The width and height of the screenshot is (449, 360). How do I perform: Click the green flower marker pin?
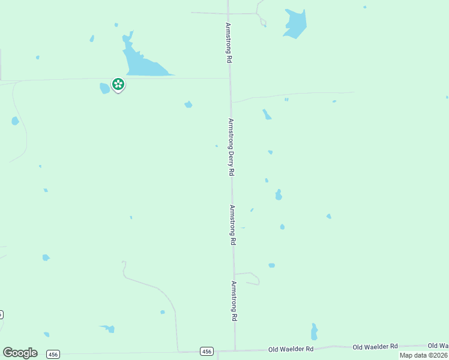(118, 84)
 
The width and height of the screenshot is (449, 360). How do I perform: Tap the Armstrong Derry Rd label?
(231, 146)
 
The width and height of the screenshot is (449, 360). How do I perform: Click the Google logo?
(20, 353)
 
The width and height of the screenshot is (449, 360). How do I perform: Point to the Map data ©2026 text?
(424, 355)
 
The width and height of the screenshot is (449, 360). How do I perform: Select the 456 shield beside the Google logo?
(53, 353)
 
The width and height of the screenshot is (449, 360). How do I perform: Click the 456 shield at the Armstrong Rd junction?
(206, 351)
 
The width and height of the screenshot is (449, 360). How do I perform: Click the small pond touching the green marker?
(104, 88)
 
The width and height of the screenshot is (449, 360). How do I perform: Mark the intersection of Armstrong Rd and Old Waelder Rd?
(235, 350)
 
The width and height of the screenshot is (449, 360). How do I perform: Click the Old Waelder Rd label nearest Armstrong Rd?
(291, 349)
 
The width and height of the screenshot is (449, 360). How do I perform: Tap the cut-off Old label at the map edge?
(438, 346)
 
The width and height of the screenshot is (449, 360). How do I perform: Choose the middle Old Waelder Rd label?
(375, 347)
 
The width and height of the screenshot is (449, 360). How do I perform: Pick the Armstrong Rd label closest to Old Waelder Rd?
(235, 302)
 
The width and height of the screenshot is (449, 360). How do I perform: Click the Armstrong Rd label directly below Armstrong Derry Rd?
(233, 225)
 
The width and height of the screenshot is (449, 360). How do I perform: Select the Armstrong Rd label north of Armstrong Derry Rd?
(228, 43)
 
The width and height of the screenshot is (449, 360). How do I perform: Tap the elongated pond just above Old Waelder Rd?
(314, 332)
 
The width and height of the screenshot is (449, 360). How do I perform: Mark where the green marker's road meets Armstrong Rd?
(229, 78)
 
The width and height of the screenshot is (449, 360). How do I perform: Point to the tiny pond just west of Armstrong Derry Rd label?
(216, 145)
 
